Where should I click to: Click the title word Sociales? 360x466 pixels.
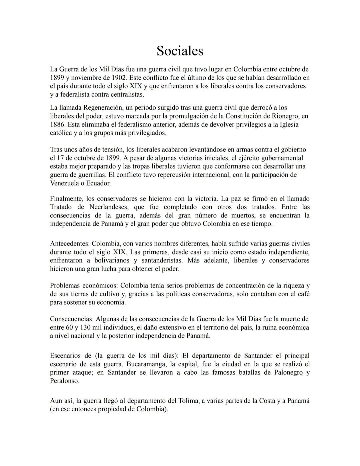pos(180,51)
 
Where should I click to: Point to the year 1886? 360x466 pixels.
pos(56,124)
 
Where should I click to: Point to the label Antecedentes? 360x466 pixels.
pos(70,244)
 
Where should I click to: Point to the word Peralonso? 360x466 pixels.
pos(64,381)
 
